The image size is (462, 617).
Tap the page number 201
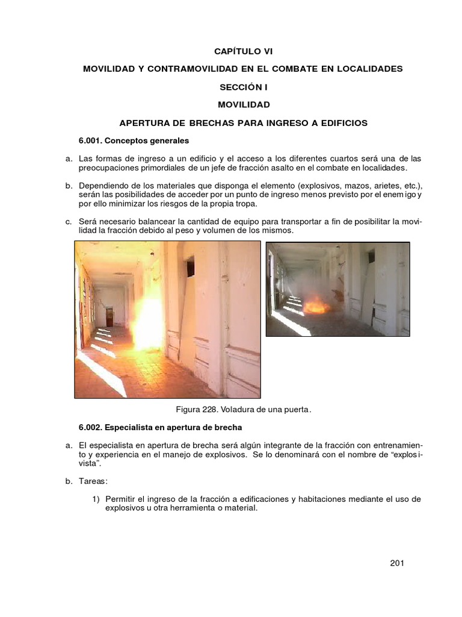click(x=396, y=563)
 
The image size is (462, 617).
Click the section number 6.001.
click(x=91, y=140)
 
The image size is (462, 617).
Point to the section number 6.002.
click(x=91, y=428)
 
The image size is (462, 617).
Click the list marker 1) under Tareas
click(x=96, y=499)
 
